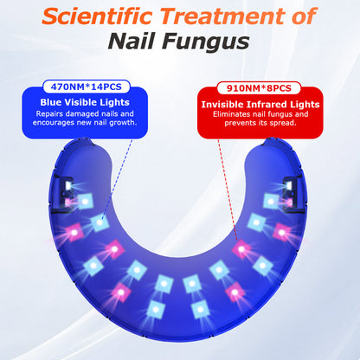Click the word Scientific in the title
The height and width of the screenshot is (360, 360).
(x=97, y=16)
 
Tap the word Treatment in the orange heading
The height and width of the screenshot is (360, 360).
(x=223, y=16)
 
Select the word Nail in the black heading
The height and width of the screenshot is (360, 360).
(x=132, y=42)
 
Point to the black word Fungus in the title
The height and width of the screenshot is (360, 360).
(x=205, y=42)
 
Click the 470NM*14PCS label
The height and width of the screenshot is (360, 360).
(x=87, y=87)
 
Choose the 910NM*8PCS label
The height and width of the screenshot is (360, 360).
(x=259, y=88)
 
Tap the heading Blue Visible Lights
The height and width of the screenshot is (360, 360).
(x=85, y=102)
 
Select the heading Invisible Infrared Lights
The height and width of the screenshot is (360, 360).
(x=260, y=104)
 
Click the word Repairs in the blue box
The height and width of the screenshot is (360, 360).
(x=49, y=114)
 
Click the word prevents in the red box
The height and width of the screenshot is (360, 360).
(x=240, y=123)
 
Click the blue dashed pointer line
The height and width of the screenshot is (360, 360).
(x=117, y=178)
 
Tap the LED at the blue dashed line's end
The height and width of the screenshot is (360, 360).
(x=100, y=223)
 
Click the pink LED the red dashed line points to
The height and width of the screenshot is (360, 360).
(x=241, y=249)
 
